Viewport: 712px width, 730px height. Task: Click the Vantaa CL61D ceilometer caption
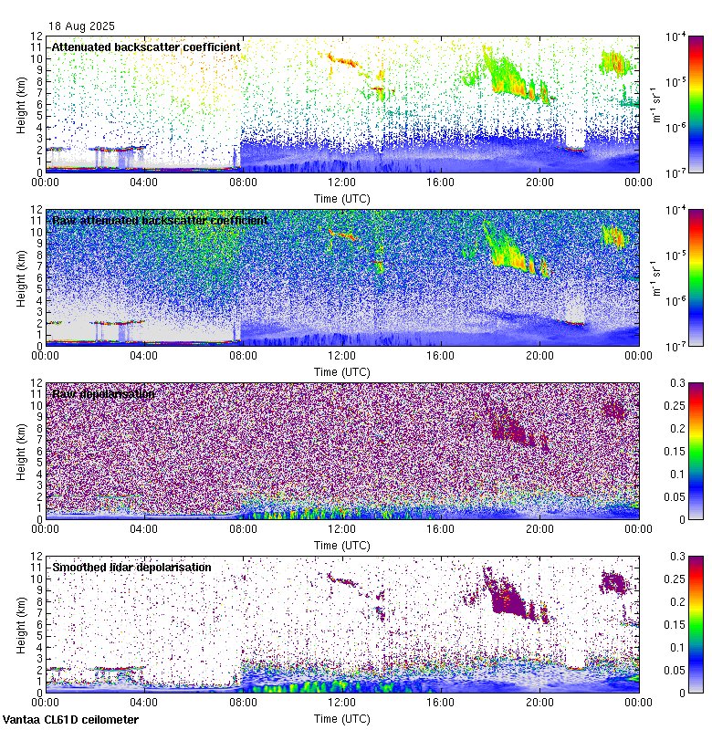[x=70, y=720]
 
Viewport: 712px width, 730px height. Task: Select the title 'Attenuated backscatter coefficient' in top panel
[x=146, y=47]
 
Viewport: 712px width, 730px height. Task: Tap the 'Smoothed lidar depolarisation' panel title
[x=131, y=567]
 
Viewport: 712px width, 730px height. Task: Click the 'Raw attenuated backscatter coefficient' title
[x=160, y=220]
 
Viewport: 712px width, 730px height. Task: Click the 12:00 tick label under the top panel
[x=341, y=182]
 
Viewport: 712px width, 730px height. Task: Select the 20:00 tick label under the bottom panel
[x=539, y=702]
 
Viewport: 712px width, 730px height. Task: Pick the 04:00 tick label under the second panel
[x=144, y=355]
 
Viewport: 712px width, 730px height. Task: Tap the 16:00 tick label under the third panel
[x=441, y=528]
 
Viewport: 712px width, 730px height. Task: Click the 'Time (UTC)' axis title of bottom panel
[x=341, y=718]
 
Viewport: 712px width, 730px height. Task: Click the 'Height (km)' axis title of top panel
[x=21, y=105]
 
